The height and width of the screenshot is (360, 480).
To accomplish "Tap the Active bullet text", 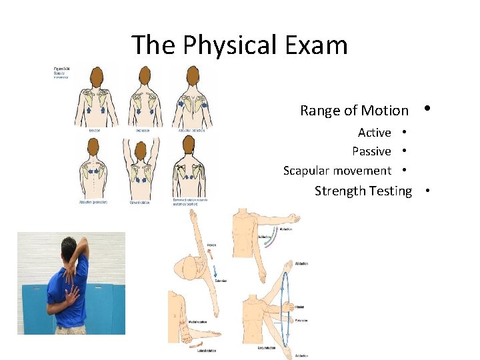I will (x=374, y=132).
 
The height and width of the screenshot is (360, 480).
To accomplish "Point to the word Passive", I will (x=371, y=151).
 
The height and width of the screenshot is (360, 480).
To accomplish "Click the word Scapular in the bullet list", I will (x=307, y=171).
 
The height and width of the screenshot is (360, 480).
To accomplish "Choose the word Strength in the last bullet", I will (x=339, y=191).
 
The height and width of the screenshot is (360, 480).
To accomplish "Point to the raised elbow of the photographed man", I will (x=83, y=241).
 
